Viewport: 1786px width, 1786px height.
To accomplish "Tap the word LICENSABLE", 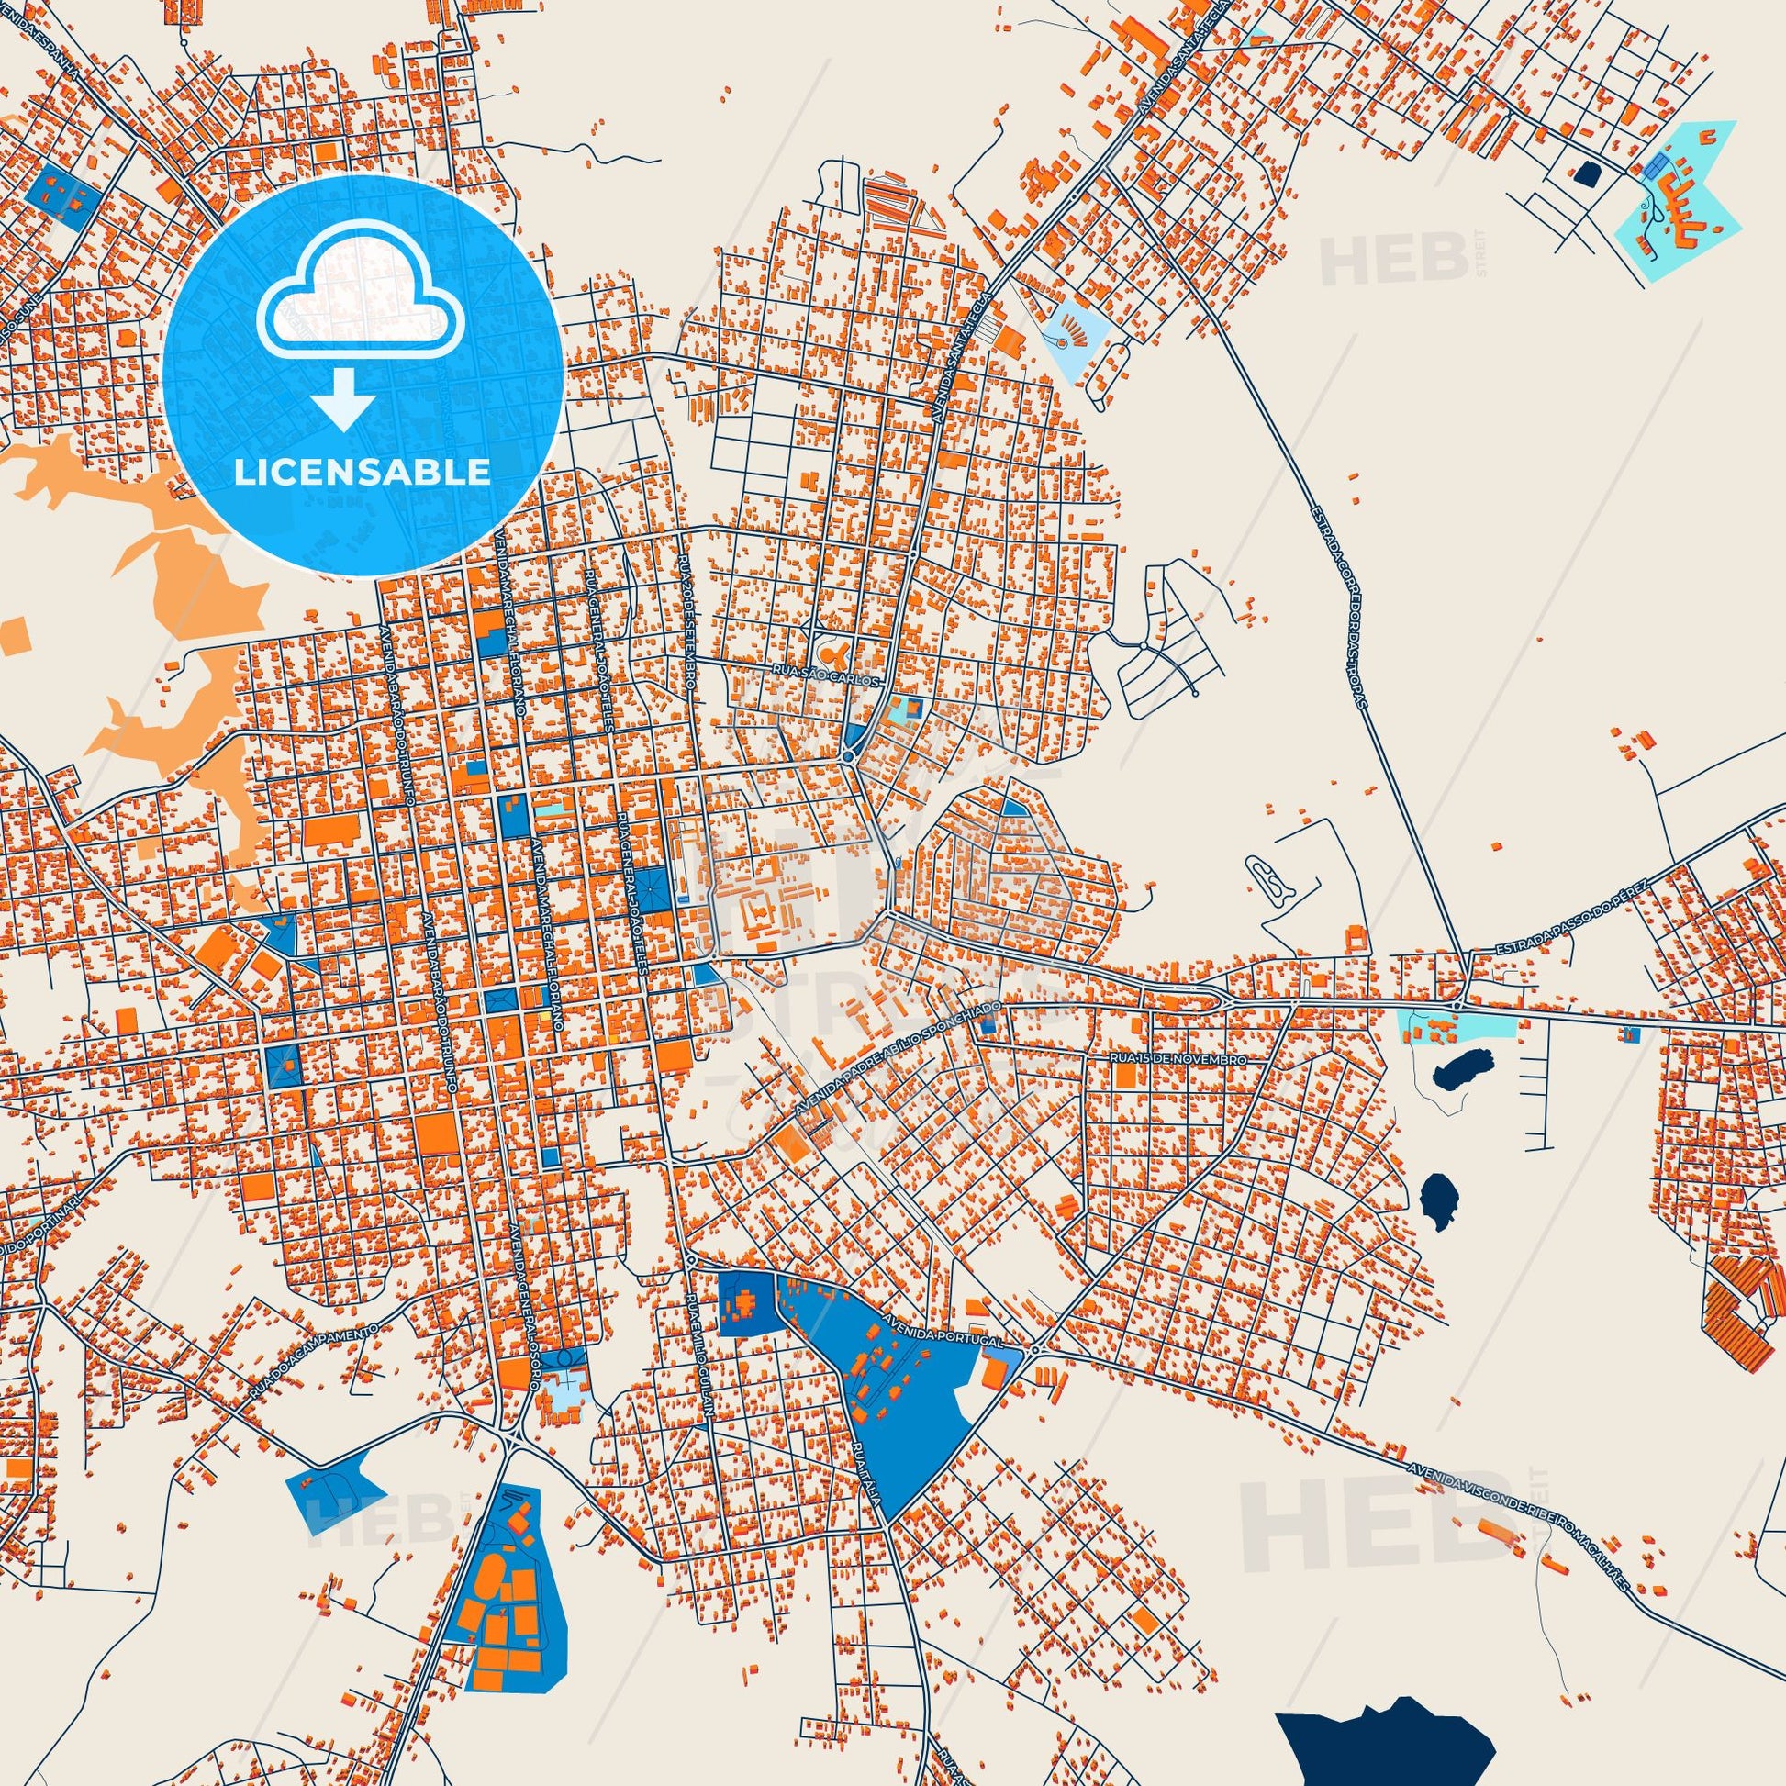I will coord(363,473).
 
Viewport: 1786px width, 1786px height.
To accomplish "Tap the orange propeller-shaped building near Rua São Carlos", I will coord(837,657).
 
